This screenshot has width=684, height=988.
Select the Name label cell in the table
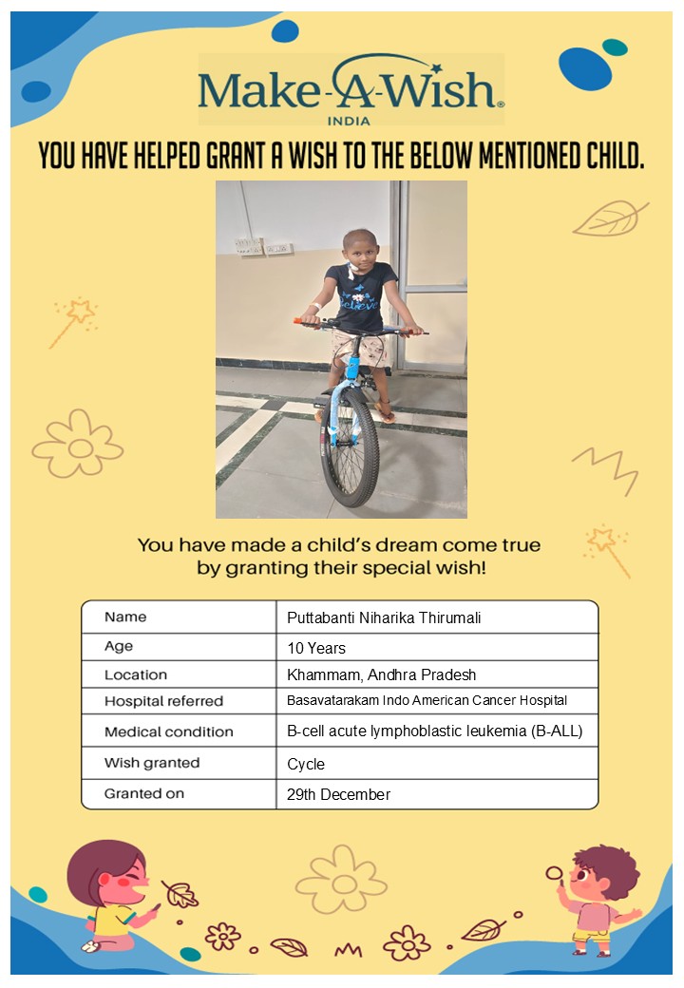(125, 617)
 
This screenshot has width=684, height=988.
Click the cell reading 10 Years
(316, 649)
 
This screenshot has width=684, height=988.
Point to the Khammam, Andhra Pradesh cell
(381, 675)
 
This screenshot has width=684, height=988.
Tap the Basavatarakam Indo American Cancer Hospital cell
(427, 701)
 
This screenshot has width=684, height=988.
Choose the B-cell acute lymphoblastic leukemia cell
(434, 731)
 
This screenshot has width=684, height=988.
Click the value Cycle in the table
(306, 764)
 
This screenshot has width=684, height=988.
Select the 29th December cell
(338, 794)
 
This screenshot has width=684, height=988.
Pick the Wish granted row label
(152, 763)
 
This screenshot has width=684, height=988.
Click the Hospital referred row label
(163, 701)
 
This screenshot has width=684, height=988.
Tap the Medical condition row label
(168, 731)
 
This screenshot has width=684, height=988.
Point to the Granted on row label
(144, 793)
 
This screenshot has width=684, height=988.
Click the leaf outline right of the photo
(609, 219)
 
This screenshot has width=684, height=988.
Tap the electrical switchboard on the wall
(251, 245)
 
